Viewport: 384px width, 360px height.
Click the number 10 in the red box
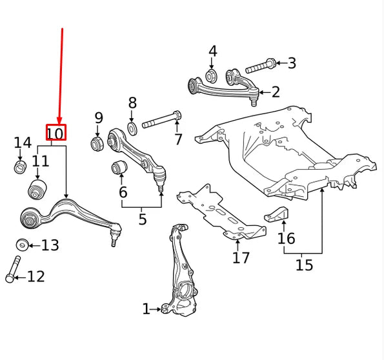pos(56,134)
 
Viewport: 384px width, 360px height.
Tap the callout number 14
pos(22,143)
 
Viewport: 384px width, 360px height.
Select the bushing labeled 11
pos(38,190)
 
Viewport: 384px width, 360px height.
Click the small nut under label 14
pos(21,168)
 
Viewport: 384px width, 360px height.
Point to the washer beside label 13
pos(22,245)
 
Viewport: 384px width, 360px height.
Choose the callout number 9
pos(98,117)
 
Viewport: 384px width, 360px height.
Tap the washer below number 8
pos(132,128)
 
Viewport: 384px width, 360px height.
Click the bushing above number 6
pos(118,168)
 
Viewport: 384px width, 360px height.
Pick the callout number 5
pos(142,219)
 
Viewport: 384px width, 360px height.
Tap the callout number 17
pos(241,258)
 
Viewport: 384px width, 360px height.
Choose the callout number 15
pos(303,265)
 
